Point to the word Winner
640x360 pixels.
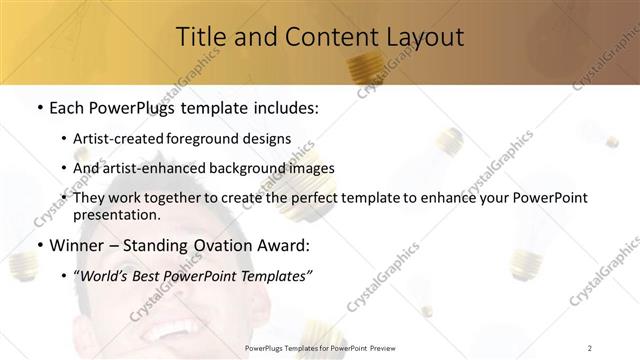click(x=78, y=245)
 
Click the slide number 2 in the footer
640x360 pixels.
click(x=590, y=347)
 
